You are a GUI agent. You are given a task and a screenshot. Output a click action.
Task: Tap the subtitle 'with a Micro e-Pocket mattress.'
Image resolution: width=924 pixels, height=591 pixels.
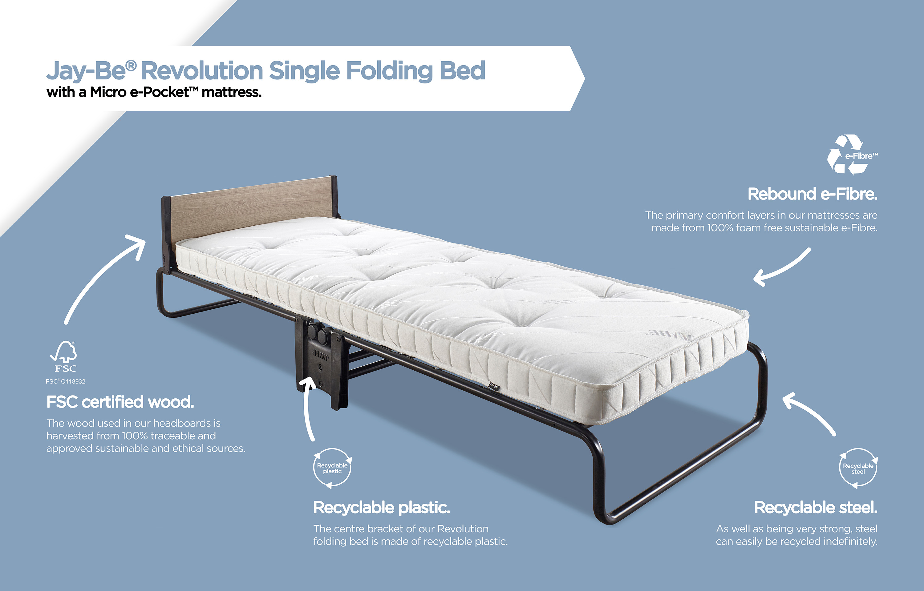[154, 92]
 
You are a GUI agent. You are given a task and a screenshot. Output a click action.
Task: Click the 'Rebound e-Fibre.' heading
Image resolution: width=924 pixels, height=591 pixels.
[812, 194]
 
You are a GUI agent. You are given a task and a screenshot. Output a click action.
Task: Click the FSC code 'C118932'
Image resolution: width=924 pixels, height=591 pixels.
[73, 381]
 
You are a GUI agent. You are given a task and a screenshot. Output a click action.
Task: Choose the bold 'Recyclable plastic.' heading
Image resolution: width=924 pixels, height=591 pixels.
[382, 508]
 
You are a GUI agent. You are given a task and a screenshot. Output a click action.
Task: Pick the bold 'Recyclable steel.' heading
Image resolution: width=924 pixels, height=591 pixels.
[816, 508]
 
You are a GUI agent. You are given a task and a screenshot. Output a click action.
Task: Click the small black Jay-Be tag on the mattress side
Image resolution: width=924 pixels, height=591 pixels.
[493, 386]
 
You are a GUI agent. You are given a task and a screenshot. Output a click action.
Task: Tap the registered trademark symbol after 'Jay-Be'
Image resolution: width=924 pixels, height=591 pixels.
[131, 66]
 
